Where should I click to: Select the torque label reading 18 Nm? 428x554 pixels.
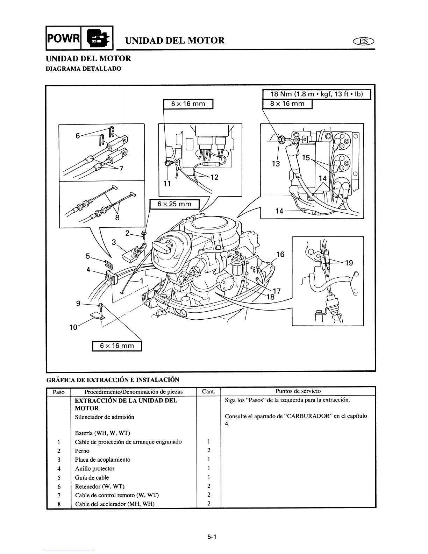316,94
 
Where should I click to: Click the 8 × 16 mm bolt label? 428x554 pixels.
287,104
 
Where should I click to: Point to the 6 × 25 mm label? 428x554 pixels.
174,204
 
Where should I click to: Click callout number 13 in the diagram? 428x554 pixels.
276,163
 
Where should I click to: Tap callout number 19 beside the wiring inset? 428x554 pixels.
349,263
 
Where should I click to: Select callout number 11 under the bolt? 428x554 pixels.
167,184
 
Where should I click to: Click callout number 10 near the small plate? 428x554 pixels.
73,327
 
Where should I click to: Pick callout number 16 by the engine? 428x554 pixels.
280,255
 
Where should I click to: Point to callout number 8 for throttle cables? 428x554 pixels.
117,218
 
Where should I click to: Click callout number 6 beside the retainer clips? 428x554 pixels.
78,136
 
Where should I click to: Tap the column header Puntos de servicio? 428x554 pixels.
298,391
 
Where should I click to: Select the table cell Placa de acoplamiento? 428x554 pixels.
103,460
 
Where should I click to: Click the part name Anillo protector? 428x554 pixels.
95,469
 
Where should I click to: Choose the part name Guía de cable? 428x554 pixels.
92,477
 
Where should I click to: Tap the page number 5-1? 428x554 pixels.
212,537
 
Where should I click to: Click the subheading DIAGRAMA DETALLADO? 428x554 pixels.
84,69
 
